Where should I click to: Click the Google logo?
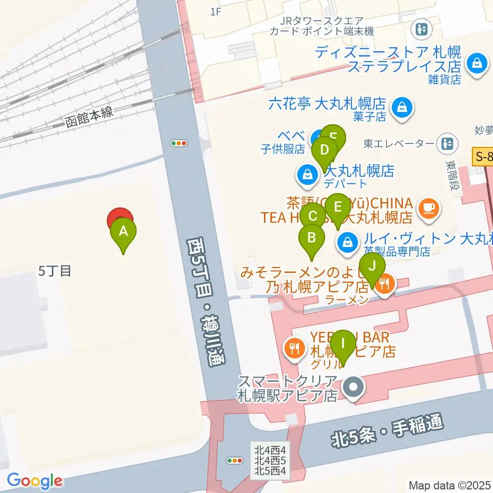click(x=34, y=481)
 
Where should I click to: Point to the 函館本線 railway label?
click(x=89, y=118)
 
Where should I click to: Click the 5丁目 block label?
click(x=54, y=271)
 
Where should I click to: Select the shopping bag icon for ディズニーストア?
click(x=477, y=64)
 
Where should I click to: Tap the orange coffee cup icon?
click(x=429, y=208)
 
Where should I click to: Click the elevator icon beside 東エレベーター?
click(x=448, y=143)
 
